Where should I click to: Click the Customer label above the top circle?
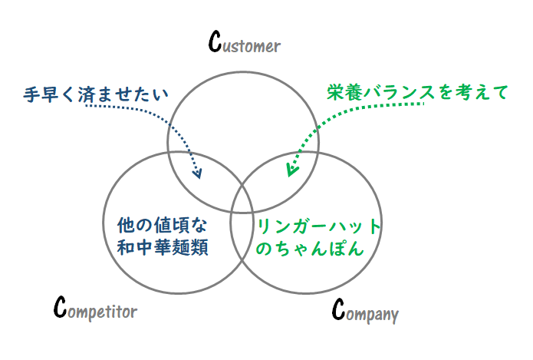tap(245, 42)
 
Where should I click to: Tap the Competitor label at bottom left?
tap(96, 308)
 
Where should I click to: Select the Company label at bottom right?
tap(365, 310)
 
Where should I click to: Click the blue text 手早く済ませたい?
tap(96, 94)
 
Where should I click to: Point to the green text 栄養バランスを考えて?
tap(417, 92)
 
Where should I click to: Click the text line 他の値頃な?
tap(162, 225)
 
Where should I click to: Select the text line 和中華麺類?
tap(163, 247)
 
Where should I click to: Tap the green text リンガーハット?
tap(318, 226)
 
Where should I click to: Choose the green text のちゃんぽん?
tap(310, 248)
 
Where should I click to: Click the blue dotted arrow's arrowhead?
tap(197, 173)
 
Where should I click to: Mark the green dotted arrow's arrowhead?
tap(291, 170)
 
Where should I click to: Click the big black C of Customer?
tap(215, 41)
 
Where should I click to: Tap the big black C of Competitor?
tap(60, 306)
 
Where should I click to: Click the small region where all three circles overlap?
tap(242, 201)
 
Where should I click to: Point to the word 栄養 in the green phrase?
tap(344, 92)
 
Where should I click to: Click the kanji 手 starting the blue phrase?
tap(32, 94)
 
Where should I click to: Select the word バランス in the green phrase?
tap(399, 92)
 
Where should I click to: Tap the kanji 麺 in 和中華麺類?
tap(181, 247)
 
